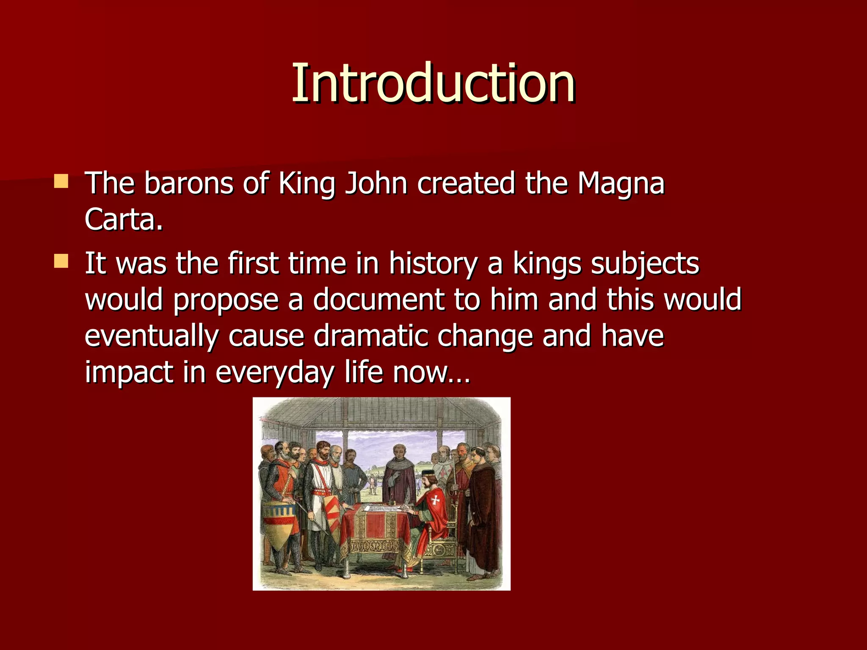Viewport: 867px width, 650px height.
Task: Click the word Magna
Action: (x=621, y=183)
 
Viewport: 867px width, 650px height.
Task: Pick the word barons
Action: (x=188, y=183)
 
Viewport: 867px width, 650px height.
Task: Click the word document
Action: (x=378, y=300)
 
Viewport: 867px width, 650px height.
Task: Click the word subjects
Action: (x=645, y=263)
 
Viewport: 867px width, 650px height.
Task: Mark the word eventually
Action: (x=152, y=336)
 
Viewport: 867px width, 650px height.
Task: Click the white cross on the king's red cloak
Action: (x=435, y=501)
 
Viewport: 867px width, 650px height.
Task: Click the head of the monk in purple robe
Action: (x=398, y=452)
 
